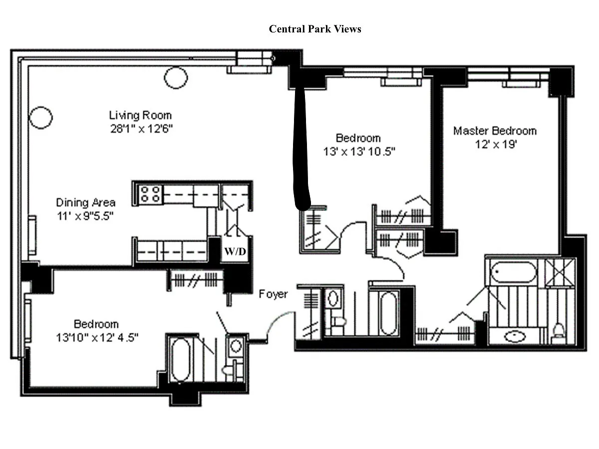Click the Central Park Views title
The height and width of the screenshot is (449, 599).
click(315, 29)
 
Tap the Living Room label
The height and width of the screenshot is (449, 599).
click(140, 115)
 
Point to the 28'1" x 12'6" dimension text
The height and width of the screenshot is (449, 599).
click(141, 129)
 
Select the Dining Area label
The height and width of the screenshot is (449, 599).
click(86, 203)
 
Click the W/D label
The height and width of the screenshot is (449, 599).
click(235, 251)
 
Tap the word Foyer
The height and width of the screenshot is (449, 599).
click(273, 294)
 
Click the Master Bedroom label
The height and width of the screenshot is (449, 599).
click(495, 131)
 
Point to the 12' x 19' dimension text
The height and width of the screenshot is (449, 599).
click(496, 144)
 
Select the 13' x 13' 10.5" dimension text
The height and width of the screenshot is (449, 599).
click(359, 152)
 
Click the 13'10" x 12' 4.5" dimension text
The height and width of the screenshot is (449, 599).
click(97, 338)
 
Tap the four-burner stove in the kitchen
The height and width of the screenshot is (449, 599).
click(150, 194)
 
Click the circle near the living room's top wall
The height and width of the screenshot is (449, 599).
click(176, 78)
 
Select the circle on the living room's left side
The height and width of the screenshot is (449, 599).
click(40, 118)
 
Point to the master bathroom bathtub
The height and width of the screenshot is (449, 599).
click(513, 271)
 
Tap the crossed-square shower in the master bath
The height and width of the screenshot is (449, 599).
click(560, 272)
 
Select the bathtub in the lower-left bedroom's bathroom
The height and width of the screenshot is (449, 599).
click(181, 359)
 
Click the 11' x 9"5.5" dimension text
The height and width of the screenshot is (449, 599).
click(85, 216)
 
